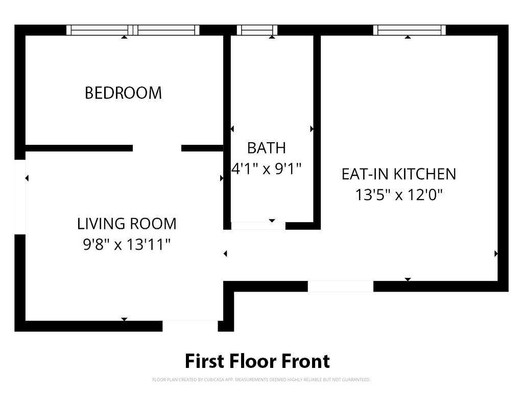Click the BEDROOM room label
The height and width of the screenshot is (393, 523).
pos(123,93)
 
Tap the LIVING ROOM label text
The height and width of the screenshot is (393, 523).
pos(127,224)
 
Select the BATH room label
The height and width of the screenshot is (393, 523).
pos(267,148)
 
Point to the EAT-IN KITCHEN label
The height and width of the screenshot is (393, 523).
pos(399,174)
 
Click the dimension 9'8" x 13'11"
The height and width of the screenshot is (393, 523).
pos(127,244)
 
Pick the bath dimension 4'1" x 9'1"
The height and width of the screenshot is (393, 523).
pos(267,169)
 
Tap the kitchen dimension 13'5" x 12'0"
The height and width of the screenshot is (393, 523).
pos(399,195)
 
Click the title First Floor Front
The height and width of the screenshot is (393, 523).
pos(257,361)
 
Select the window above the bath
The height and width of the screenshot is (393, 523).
pos(257,30)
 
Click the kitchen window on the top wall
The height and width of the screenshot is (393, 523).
pos(409,30)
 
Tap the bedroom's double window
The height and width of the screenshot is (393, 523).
pos(133,30)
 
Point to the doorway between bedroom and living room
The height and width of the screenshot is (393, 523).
pos(157,148)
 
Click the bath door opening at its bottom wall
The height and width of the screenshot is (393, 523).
pos(258,226)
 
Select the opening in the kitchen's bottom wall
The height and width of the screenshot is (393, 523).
pos(341,287)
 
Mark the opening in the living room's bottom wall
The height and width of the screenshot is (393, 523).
pos(190,326)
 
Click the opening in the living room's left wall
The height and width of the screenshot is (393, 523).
pos(20,197)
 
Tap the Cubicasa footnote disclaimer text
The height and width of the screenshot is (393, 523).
pos(261,380)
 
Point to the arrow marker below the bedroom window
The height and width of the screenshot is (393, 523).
pos(124,37)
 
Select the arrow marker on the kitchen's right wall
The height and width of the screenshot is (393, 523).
pos(496,254)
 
